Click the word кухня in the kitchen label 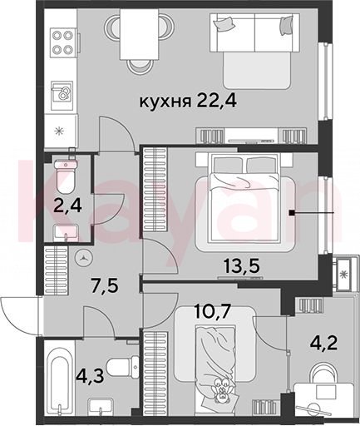(x=165, y=102)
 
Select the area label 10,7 (x=213, y=311)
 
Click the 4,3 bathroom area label (x=91, y=376)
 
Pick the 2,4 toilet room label (x=68, y=206)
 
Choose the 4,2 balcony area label (x=323, y=344)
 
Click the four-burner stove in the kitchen (x=63, y=42)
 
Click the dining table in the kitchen (x=139, y=34)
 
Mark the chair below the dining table (x=140, y=67)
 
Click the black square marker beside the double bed (x=291, y=213)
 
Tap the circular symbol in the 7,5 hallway (x=84, y=257)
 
